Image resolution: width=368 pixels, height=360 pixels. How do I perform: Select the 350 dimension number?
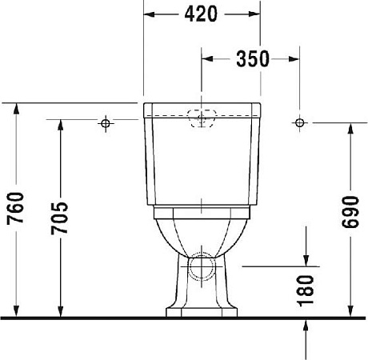(251, 58)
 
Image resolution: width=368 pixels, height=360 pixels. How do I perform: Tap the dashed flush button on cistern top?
(202, 117)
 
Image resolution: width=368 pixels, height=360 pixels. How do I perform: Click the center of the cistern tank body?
(202, 160)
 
